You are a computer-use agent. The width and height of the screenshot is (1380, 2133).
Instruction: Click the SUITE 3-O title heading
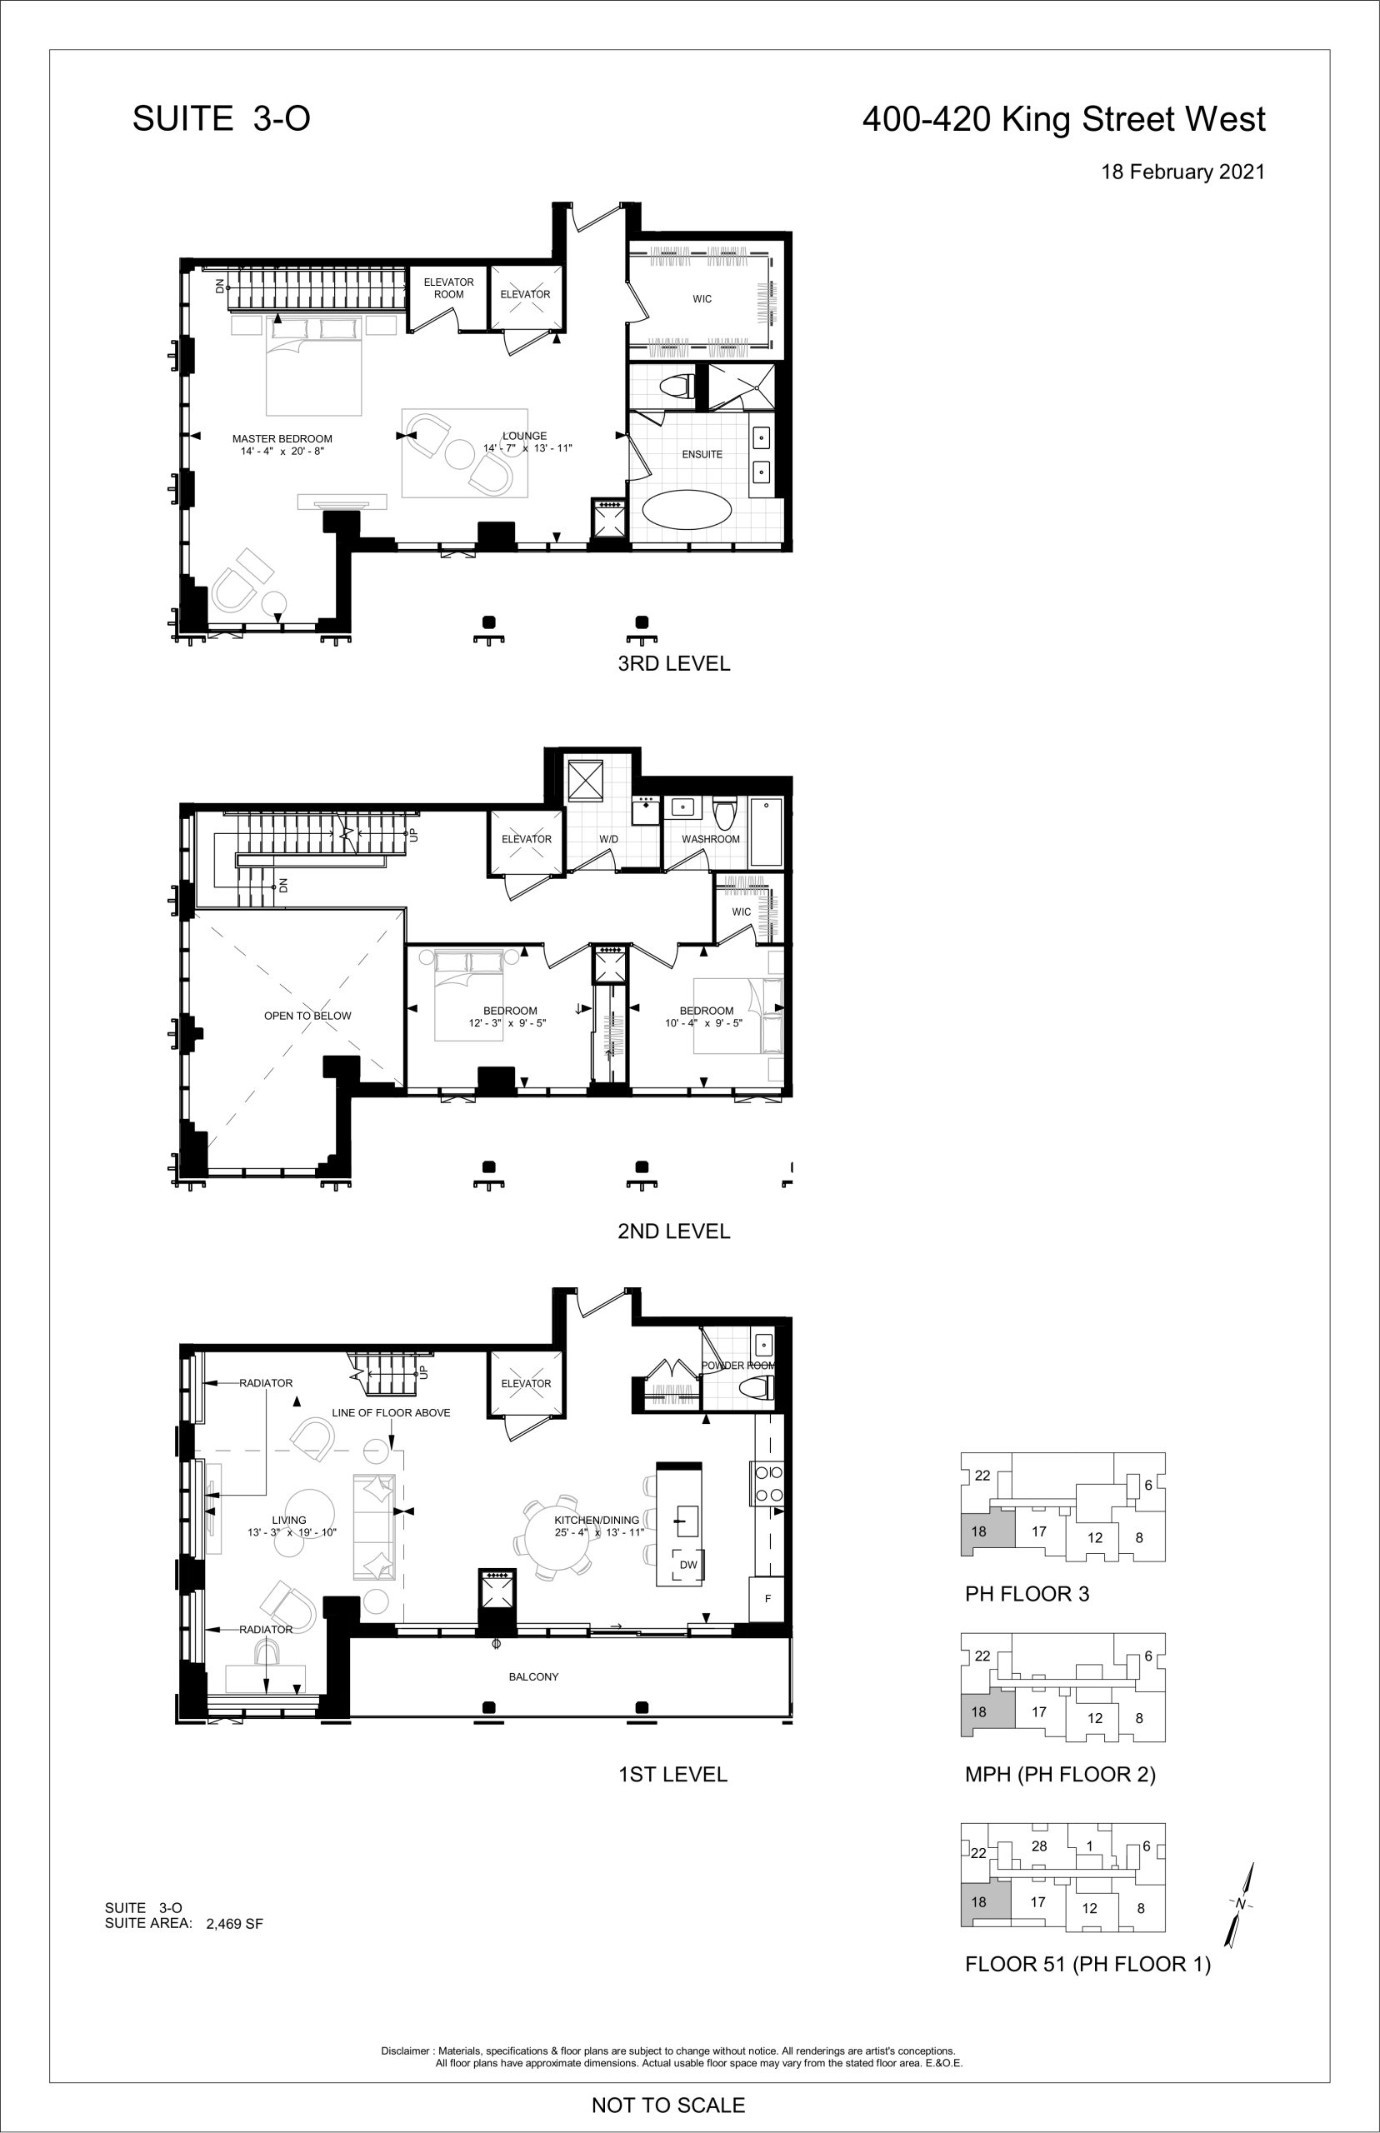pos(222,118)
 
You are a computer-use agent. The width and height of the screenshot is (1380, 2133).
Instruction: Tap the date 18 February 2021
pos(1182,172)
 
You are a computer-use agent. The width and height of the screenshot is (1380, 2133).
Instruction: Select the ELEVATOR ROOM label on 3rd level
pos(449,287)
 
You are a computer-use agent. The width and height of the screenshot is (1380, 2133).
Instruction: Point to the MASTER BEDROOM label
pos(282,439)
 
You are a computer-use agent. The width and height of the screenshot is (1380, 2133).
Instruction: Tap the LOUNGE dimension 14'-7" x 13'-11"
pos(527,448)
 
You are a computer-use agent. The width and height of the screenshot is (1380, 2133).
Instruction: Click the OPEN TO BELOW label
pos(307,1016)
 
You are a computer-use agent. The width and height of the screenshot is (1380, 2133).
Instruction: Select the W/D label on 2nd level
pos(608,839)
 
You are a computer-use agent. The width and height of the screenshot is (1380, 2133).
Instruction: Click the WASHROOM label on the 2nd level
pos(711,839)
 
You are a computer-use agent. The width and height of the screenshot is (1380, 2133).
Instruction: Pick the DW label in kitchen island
pos(688,1565)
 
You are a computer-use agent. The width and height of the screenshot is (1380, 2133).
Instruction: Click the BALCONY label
pos(533,1677)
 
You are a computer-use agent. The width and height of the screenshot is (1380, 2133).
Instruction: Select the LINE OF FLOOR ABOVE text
pos(391,1413)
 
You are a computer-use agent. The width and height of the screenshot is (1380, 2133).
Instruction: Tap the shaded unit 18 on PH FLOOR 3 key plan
pos(987,1531)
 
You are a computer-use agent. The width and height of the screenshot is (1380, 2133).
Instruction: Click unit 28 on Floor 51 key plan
pos(1039,1846)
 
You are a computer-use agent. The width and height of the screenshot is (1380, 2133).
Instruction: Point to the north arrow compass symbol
pos(1241,1904)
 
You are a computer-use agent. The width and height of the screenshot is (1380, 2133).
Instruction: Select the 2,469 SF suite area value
pos(235,1923)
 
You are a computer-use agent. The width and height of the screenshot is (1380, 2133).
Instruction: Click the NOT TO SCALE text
pos(668,2106)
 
